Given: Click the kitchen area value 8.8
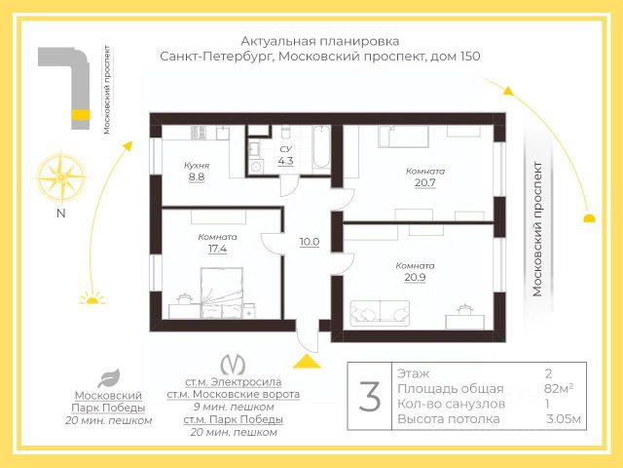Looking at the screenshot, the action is point(197,176).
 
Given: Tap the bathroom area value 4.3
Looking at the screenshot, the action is point(285,161).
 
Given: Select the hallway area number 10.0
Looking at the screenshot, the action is point(310,242).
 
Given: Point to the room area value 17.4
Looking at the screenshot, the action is point(217,249).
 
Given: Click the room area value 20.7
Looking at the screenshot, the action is point(425,182).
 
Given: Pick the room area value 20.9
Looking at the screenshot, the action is point(416,277).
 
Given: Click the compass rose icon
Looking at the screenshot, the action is point(60,176).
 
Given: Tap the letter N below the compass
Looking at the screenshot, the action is point(60,214).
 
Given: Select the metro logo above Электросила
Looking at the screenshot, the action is point(233,364).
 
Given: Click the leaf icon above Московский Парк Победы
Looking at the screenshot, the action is point(108,378).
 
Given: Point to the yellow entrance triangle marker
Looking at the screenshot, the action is point(307,362).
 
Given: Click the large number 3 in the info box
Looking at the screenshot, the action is point(370,396).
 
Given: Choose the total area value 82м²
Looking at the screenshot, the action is point(559,388).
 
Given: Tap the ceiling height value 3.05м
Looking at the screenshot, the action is point(564,418).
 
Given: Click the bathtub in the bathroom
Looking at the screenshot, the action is point(321,147).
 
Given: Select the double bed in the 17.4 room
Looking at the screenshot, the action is point(222,292).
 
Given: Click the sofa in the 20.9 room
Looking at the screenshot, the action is point(380,313).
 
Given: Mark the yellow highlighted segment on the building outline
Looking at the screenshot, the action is point(80,115).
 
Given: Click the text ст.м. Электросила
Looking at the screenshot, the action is point(234,381).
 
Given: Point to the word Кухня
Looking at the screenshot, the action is point(197,165).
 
